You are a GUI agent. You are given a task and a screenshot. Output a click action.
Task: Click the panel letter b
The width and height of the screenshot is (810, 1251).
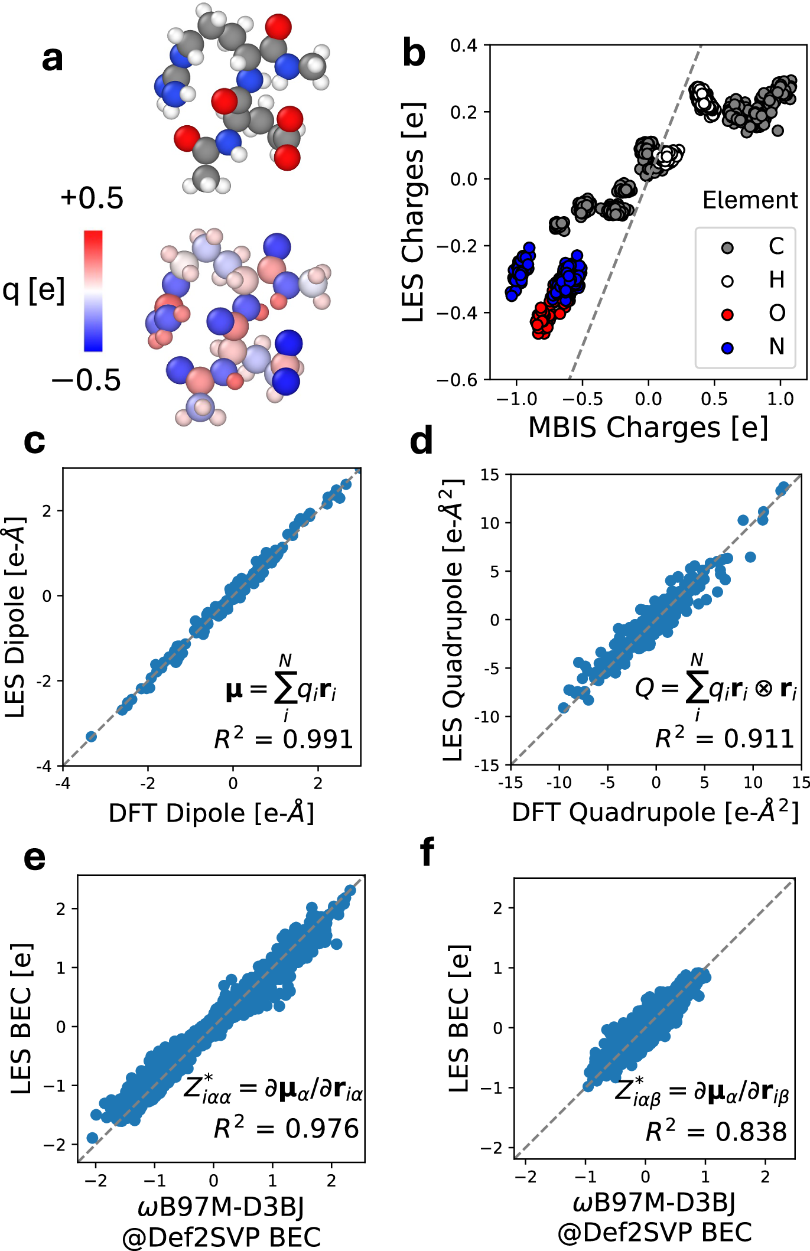pyautogui.click(x=414, y=53)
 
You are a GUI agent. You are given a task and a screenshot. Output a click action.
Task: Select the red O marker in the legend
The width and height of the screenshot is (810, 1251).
pyautogui.click(x=727, y=314)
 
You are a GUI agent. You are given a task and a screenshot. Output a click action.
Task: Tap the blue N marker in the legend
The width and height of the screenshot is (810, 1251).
pyautogui.click(x=727, y=348)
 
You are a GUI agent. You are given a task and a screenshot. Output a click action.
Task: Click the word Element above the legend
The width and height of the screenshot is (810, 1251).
pyautogui.click(x=749, y=200)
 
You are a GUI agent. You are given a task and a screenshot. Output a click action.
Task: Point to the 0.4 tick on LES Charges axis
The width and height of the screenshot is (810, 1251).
pyautogui.click(x=464, y=45)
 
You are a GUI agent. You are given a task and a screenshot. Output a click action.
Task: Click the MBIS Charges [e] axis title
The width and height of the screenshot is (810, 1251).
pyautogui.click(x=648, y=427)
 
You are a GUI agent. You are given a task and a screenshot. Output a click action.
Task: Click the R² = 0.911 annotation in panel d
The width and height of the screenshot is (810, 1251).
pyautogui.click(x=724, y=738)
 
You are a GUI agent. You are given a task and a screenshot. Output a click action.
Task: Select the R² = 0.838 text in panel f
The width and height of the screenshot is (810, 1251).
pyautogui.click(x=715, y=1132)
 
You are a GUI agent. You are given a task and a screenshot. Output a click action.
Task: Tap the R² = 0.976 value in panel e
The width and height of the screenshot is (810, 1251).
pyautogui.click(x=286, y=1128)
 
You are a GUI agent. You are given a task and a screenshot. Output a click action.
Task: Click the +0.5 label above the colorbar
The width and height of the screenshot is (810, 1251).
pyautogui.click(x=92, y=198)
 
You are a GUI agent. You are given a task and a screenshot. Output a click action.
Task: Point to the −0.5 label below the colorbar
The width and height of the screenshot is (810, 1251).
pyautogui.click(x=86, y=380)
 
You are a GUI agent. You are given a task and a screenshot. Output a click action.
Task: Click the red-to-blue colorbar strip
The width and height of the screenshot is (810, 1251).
pyautogui.click(x=93, y=291)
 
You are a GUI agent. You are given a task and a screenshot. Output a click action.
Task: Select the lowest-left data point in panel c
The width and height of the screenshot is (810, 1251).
pyautogui.click(x=91, y=736)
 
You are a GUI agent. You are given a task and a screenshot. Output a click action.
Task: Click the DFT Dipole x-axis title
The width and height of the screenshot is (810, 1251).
pyautogui.click(x=211, y=813)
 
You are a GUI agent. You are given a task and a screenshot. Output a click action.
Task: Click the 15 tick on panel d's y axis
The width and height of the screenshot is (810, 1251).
pyautogui.click(x=490, y=475)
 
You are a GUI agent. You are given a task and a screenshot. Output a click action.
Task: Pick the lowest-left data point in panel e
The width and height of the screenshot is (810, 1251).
pyautogui.click(x=92, y=1137)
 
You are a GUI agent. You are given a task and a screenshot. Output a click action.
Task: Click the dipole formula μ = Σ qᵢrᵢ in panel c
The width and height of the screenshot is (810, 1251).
pyautogui.click(x=281, y=689)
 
